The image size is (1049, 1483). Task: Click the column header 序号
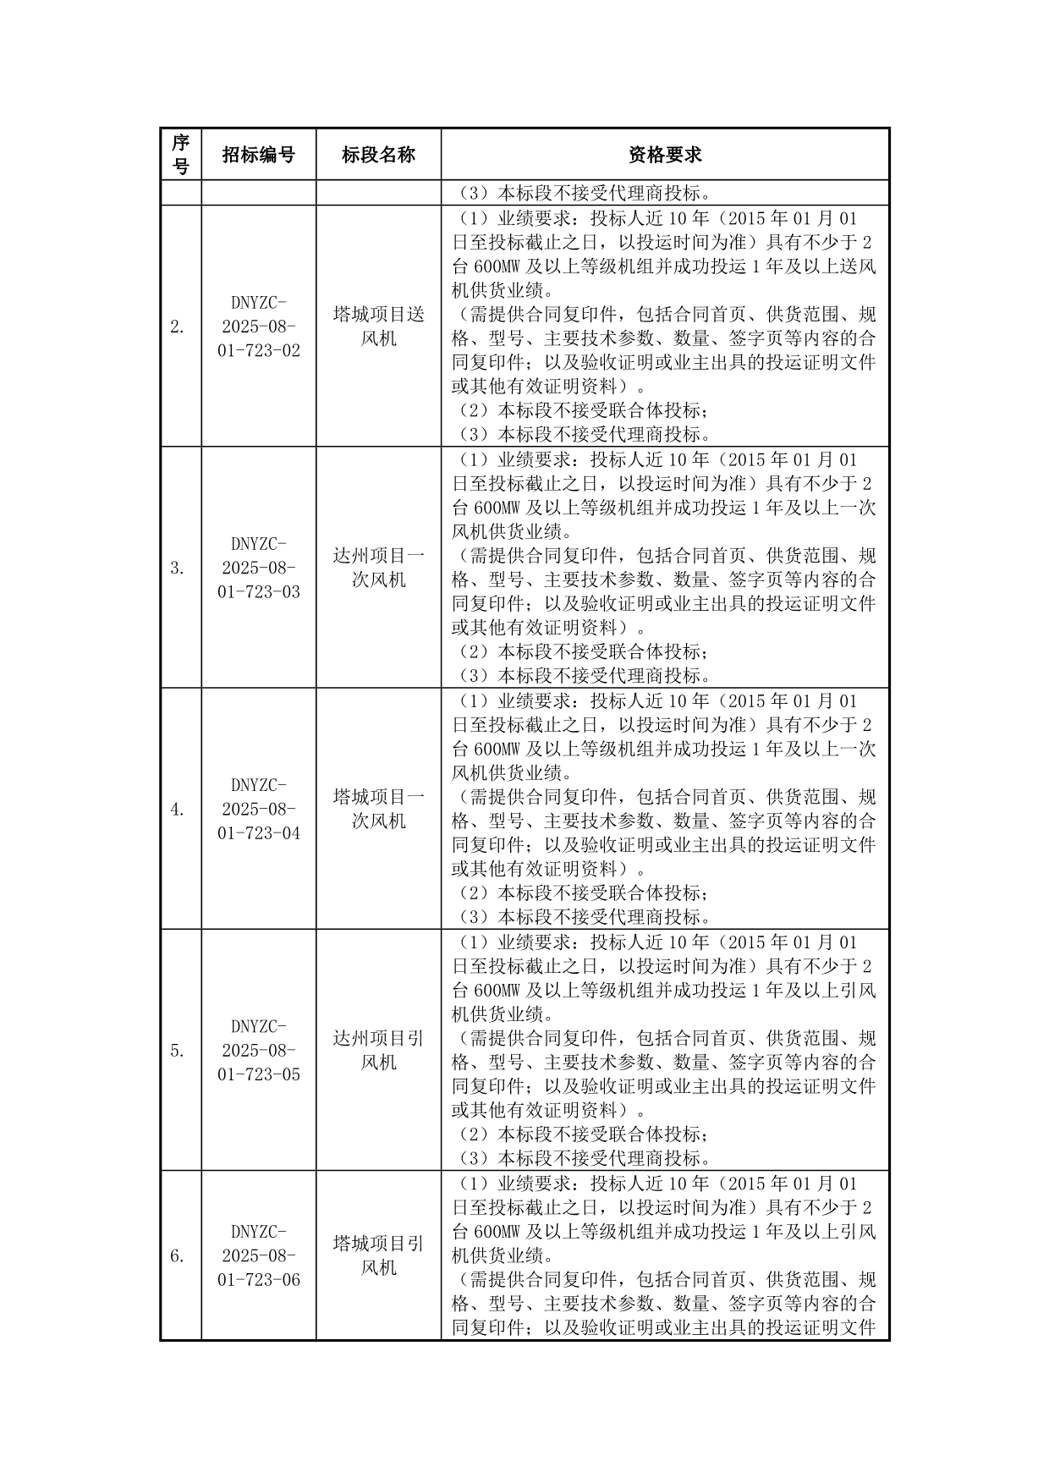(x=180, y=154)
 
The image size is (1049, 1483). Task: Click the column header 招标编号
(x=258, y=154)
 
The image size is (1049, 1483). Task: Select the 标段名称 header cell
(x=378, y=154)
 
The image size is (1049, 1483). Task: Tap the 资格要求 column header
(x=665, y=154)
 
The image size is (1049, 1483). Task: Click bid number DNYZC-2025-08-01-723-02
(x=258, y=326)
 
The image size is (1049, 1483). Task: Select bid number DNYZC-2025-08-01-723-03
(x=258, y=568)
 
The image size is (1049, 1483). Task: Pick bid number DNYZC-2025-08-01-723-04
(x=258, y=809)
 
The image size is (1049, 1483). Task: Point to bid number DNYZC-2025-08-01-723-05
(x=258, y=1050)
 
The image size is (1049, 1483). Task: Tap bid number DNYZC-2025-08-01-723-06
(x=258, y=1255)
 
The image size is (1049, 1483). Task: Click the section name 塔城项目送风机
(x=378, y=326)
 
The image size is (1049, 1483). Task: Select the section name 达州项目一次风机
(x=378, y=568)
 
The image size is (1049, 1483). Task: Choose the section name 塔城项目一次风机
(x=378, y=809)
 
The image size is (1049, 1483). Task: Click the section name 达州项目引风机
(x=378, y=1050)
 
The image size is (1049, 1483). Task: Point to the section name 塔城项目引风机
(x=378, y=1255)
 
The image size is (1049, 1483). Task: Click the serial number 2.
(x=177, y=327)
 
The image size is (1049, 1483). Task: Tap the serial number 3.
(x=177, y=568)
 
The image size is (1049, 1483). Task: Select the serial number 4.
(x=177, y=810)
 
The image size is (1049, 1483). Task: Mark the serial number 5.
(x=177, y=1051)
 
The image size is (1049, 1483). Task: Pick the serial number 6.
(x=177, y=1256)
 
